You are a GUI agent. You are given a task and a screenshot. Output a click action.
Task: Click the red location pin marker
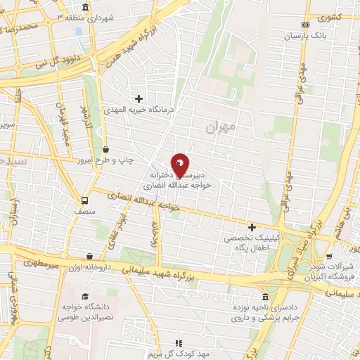click(x=180, y=166)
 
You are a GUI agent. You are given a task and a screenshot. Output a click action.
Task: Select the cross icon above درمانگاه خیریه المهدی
click(x=139, y=98)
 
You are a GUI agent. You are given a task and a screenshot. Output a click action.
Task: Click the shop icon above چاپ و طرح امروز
click(x=105, y=149)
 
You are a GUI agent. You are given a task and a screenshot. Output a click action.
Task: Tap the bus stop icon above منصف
click(x=84, y=199)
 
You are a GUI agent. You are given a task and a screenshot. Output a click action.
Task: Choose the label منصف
click(x=84, y=210)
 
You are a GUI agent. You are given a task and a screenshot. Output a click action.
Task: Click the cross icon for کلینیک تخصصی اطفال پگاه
click(x=252, y=226)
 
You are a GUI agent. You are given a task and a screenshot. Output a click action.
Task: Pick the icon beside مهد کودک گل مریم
click(x=178, y=342)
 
